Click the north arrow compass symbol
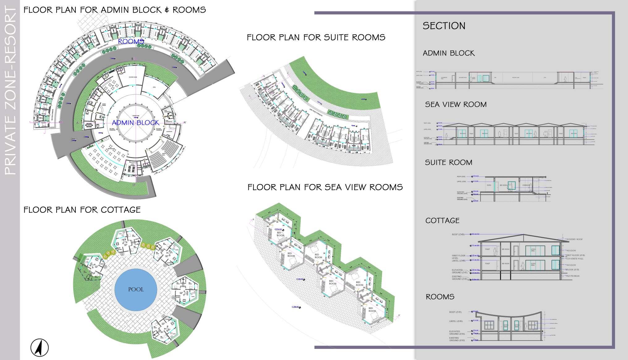point(40,347)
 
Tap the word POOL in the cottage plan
point(136,289)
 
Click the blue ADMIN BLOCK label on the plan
point(135,122)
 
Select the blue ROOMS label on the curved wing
point(131,41)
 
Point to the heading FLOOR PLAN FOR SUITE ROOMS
point(316,38)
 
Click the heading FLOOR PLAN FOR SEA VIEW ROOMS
point(325,187)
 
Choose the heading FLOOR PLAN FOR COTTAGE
point(82,210)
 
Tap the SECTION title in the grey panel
point(444,26)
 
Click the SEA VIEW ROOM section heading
point(456,105)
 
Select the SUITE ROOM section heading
point(448,162)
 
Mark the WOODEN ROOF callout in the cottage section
point(575,239)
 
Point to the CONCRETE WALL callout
point(575,259)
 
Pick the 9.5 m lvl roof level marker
point(475,234)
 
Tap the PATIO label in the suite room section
point(489,186)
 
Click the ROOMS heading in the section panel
point(440,297)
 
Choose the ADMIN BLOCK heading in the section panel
point(448,53)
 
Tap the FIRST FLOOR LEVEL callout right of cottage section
point(575,255)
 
